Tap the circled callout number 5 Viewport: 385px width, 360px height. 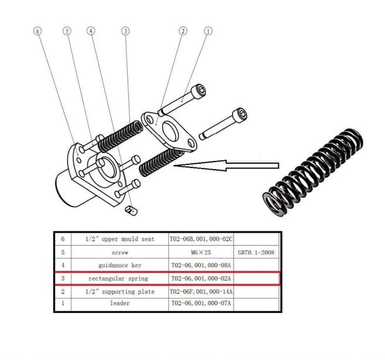67,30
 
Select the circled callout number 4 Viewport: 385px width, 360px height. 90,30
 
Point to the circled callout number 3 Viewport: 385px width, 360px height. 125,30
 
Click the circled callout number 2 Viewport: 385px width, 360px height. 183,30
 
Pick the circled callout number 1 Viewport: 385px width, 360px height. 208,30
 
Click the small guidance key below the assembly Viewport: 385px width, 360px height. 130,207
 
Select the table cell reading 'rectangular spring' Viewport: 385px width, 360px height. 118,278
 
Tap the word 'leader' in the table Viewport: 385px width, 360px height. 119,304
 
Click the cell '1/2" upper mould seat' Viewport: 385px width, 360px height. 119,240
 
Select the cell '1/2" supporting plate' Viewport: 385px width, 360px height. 119,291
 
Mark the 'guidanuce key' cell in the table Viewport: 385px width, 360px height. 119,265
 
